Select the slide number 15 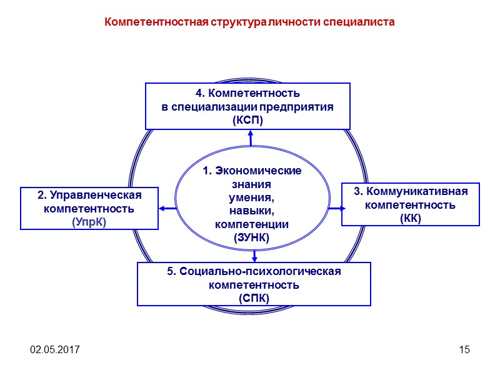[464, 349]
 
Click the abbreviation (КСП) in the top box [247, 119]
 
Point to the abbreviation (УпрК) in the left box [89, 221]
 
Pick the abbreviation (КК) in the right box [410, 217]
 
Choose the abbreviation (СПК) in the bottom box [254, 297]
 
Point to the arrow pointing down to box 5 [254, 255]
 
